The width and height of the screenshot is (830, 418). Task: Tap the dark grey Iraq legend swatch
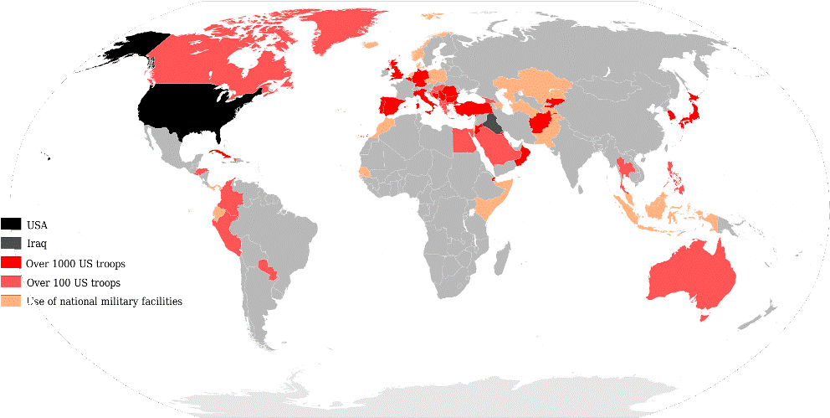[12, 243]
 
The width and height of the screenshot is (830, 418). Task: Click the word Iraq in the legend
[37, 244]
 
